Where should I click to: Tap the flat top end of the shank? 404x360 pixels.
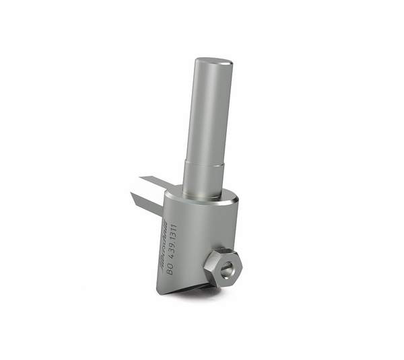click(213, 63)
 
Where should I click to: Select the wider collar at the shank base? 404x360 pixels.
click(203, 178)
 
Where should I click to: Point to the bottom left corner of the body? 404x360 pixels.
click(158, 291)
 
